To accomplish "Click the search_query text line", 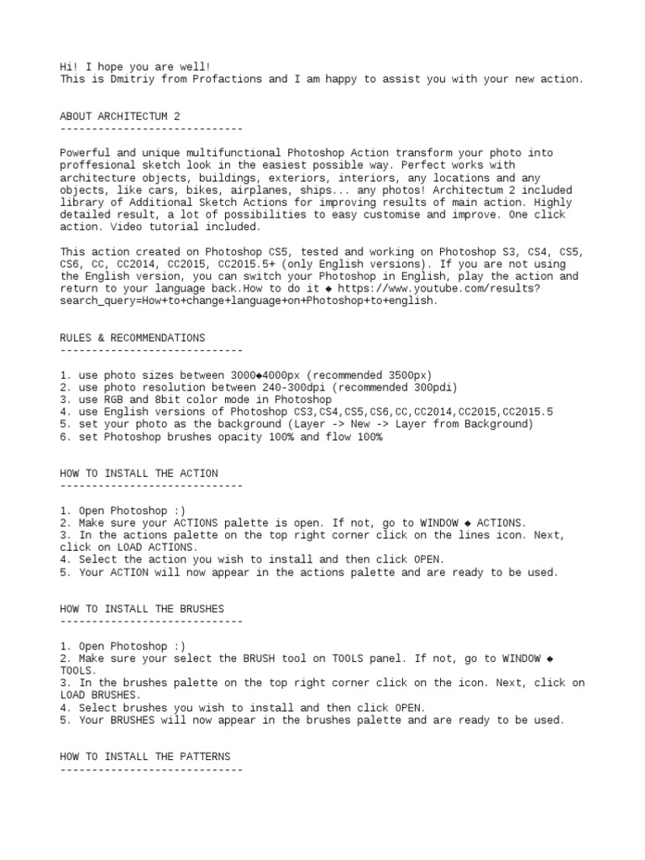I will click(249, 301).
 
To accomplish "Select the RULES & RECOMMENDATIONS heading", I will click(133, 338).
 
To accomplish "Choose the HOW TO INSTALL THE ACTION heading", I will click(139, 474).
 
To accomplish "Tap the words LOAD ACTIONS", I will click(133, 548).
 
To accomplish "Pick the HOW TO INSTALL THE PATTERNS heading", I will click(145, 757).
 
